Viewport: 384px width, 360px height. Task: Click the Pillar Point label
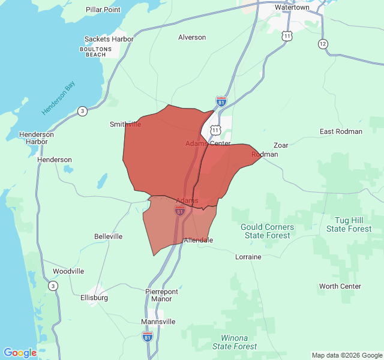click(103, 10)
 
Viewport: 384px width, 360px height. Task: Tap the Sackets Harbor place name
click(109, 39)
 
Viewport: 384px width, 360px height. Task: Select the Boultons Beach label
click(96, 51)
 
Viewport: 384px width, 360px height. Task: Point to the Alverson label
click(192, 37)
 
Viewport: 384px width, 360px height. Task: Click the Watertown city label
click(292, 7)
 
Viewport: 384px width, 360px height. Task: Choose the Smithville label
click(125, 124)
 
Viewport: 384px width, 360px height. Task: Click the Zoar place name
click(281, 145)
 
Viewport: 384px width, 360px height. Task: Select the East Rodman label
click(341, 131)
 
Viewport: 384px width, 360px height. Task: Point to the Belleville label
click(108, 236)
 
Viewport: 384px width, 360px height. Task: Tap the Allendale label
click(198, 240)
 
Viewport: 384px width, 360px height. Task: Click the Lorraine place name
click(248, 257)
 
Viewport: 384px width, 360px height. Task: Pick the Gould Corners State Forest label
click(267, 231)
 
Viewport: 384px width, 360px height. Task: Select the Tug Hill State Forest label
click(349, 225)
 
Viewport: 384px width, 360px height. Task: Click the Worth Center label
click(340, 286)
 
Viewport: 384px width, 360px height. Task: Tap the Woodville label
click(68, 271)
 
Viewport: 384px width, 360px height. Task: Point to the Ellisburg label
click(94, 298)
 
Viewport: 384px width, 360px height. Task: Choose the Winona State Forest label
click(234, 342)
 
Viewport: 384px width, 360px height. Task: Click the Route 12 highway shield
click(323, 44)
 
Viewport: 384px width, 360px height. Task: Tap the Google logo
click(20, 353)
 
